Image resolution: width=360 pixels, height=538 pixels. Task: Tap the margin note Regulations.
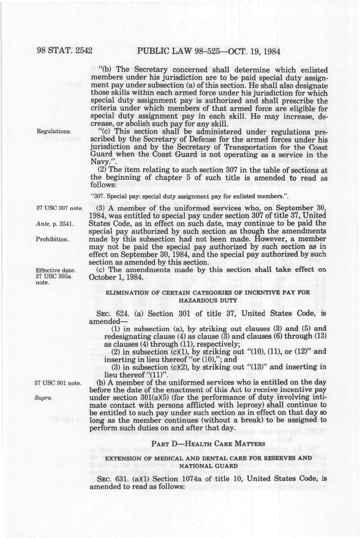pos(54,131)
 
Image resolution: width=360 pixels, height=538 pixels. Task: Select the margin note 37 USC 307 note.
pos(59,208)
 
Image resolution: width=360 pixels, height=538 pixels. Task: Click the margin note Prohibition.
pos(52,239)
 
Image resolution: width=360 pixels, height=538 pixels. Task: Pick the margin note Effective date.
pos(56,270)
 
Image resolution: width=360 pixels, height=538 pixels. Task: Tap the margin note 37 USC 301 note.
pos(58,383)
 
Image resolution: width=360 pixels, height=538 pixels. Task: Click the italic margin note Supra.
pos(43,398)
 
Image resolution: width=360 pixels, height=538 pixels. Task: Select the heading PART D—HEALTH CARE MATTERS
pos(208,444)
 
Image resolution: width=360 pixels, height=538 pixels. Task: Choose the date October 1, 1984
pos(115,277)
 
